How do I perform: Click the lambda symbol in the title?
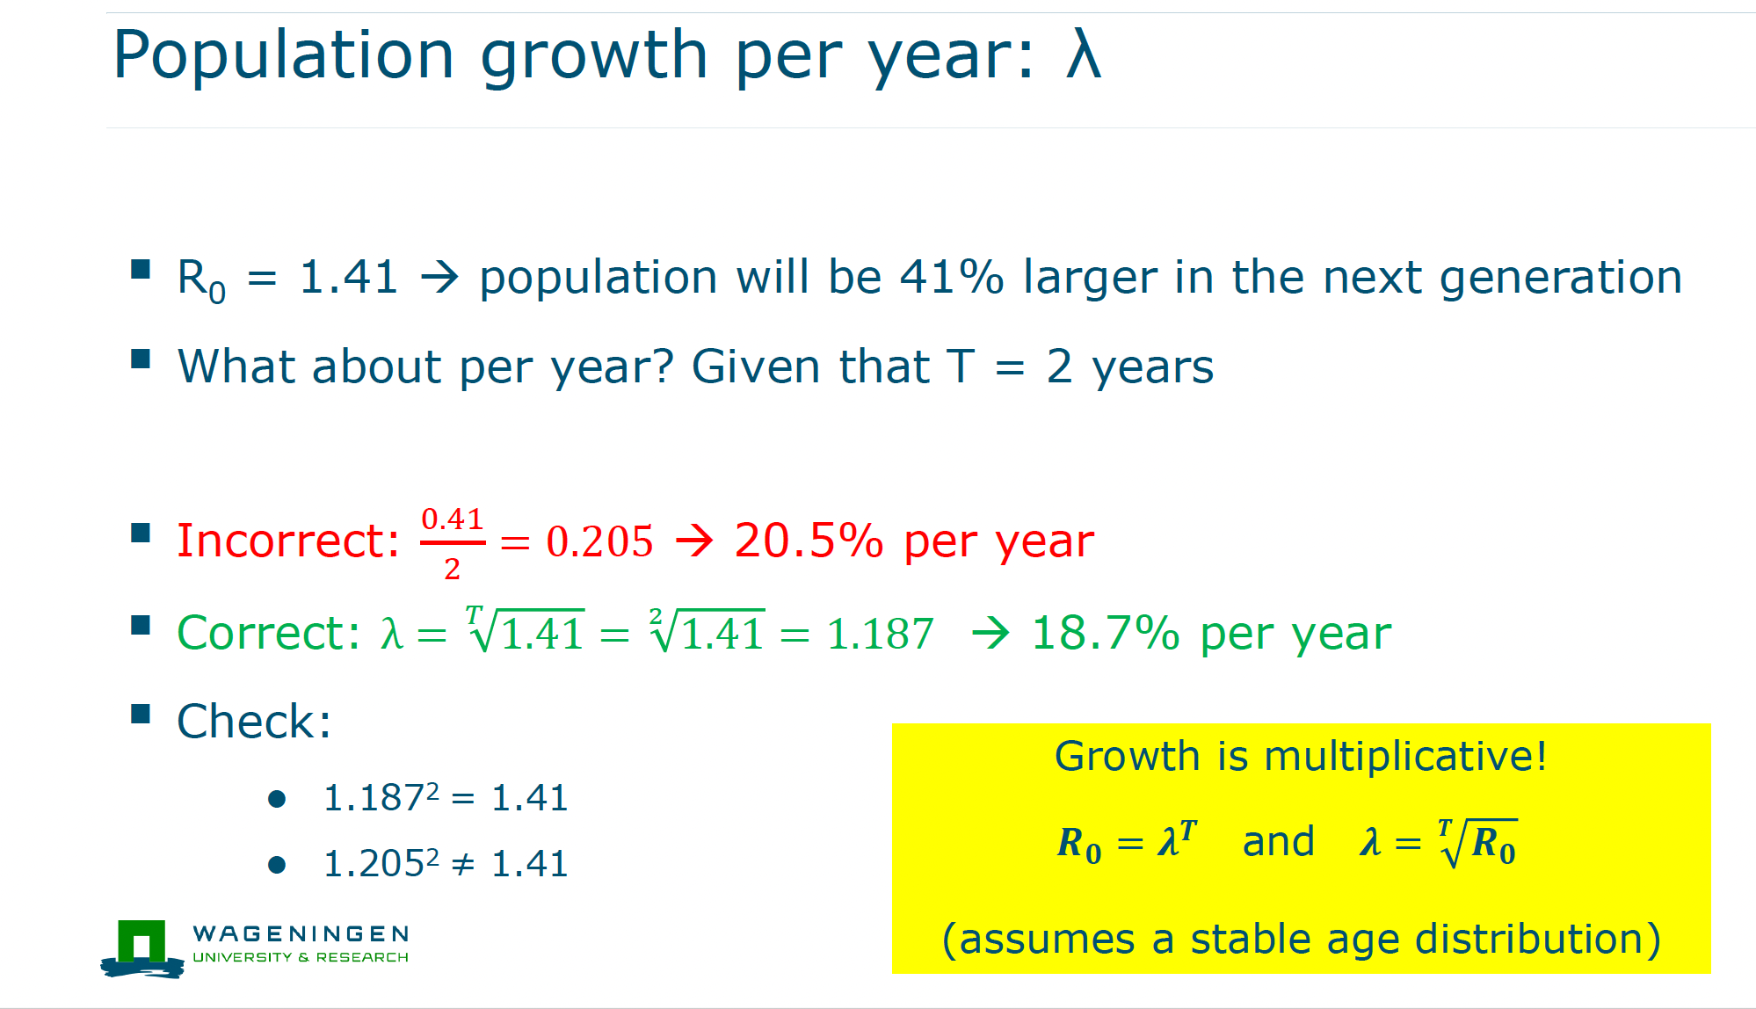[x=1084, y=54]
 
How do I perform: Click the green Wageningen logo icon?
[x=141, y=948]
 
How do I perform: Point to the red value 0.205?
[x=599, y=541]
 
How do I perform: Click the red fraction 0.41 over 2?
[x=453, y=543]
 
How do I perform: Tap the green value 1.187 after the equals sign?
[x=880, y=634]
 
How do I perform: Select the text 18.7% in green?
[x=1105, y=633]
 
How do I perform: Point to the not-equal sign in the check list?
[x=462, y=864]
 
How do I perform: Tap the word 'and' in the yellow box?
[x=1278, y=842]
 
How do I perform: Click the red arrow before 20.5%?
[x=694, y=541]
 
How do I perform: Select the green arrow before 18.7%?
[x=990, y=633]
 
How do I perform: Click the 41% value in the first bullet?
[x=952, y=277]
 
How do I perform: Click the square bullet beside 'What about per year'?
[x=141, y=359]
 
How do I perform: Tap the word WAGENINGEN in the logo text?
[x=301, y=933]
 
